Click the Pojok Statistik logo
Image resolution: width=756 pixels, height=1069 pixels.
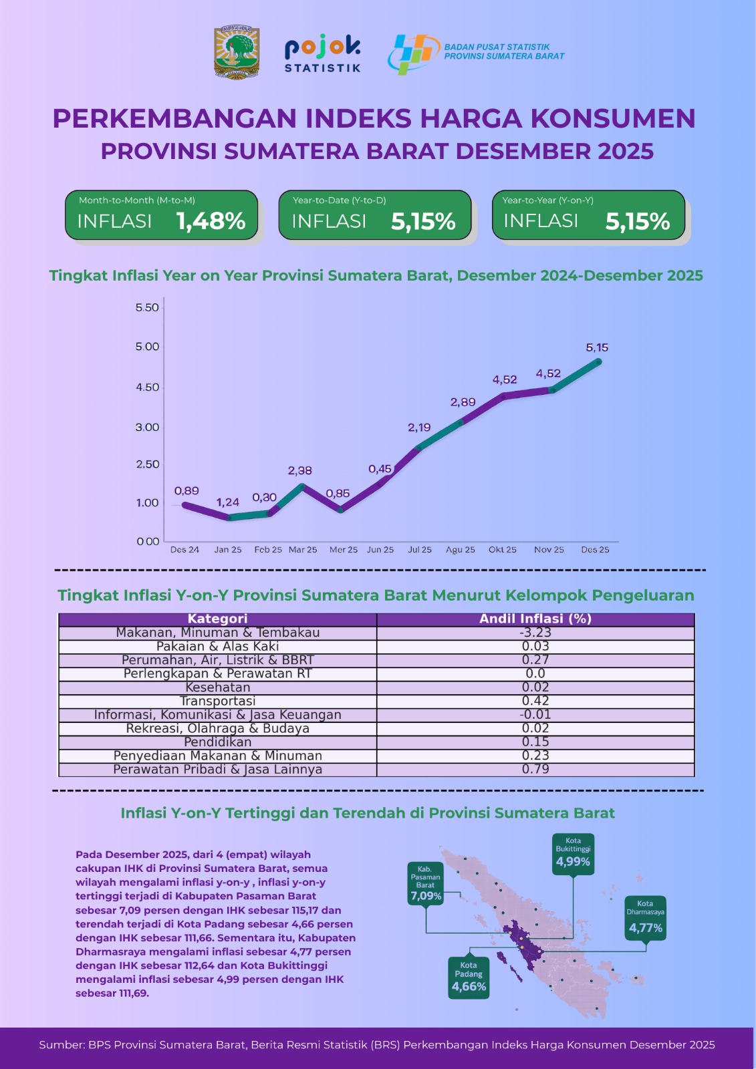click(x=322, y=53)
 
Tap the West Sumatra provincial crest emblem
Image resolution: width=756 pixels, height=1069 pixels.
click(x=237, y=53)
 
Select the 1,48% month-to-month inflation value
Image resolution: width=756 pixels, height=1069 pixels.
click(x=211, y=221)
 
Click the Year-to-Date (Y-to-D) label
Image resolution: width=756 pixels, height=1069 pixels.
click(x=340, y=200)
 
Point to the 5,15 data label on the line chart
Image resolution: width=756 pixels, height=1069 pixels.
click(x=597, y=347)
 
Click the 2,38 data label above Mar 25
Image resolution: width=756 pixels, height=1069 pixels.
click(x=300, y=470)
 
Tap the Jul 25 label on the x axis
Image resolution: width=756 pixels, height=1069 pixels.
click(x=420, y=550)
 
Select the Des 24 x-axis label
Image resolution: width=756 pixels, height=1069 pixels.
click(x=184, y=550)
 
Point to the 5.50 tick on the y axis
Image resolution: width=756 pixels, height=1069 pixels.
click(x=147, y=308)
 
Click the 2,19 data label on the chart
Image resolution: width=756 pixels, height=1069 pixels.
click(x=420, y=428)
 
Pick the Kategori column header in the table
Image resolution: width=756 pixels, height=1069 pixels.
click(x=217, y=619)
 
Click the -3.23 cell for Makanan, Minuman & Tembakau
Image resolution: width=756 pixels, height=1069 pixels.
click(x=535, y=633)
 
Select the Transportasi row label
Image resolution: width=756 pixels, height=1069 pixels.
click(x=217, y=701)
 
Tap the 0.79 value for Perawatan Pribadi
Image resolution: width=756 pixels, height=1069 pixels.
click(x=535, y=769)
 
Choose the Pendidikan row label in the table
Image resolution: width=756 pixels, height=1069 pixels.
click(x=217, y=742)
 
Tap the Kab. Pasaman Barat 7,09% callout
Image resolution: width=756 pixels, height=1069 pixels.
click(x=426, y=884)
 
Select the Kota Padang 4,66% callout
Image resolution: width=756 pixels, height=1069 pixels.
click(x=469, y=977)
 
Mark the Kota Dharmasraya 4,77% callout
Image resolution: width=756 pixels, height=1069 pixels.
click(x=645, y=917)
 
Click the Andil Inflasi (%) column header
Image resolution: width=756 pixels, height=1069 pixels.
click(x=535, y=619)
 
